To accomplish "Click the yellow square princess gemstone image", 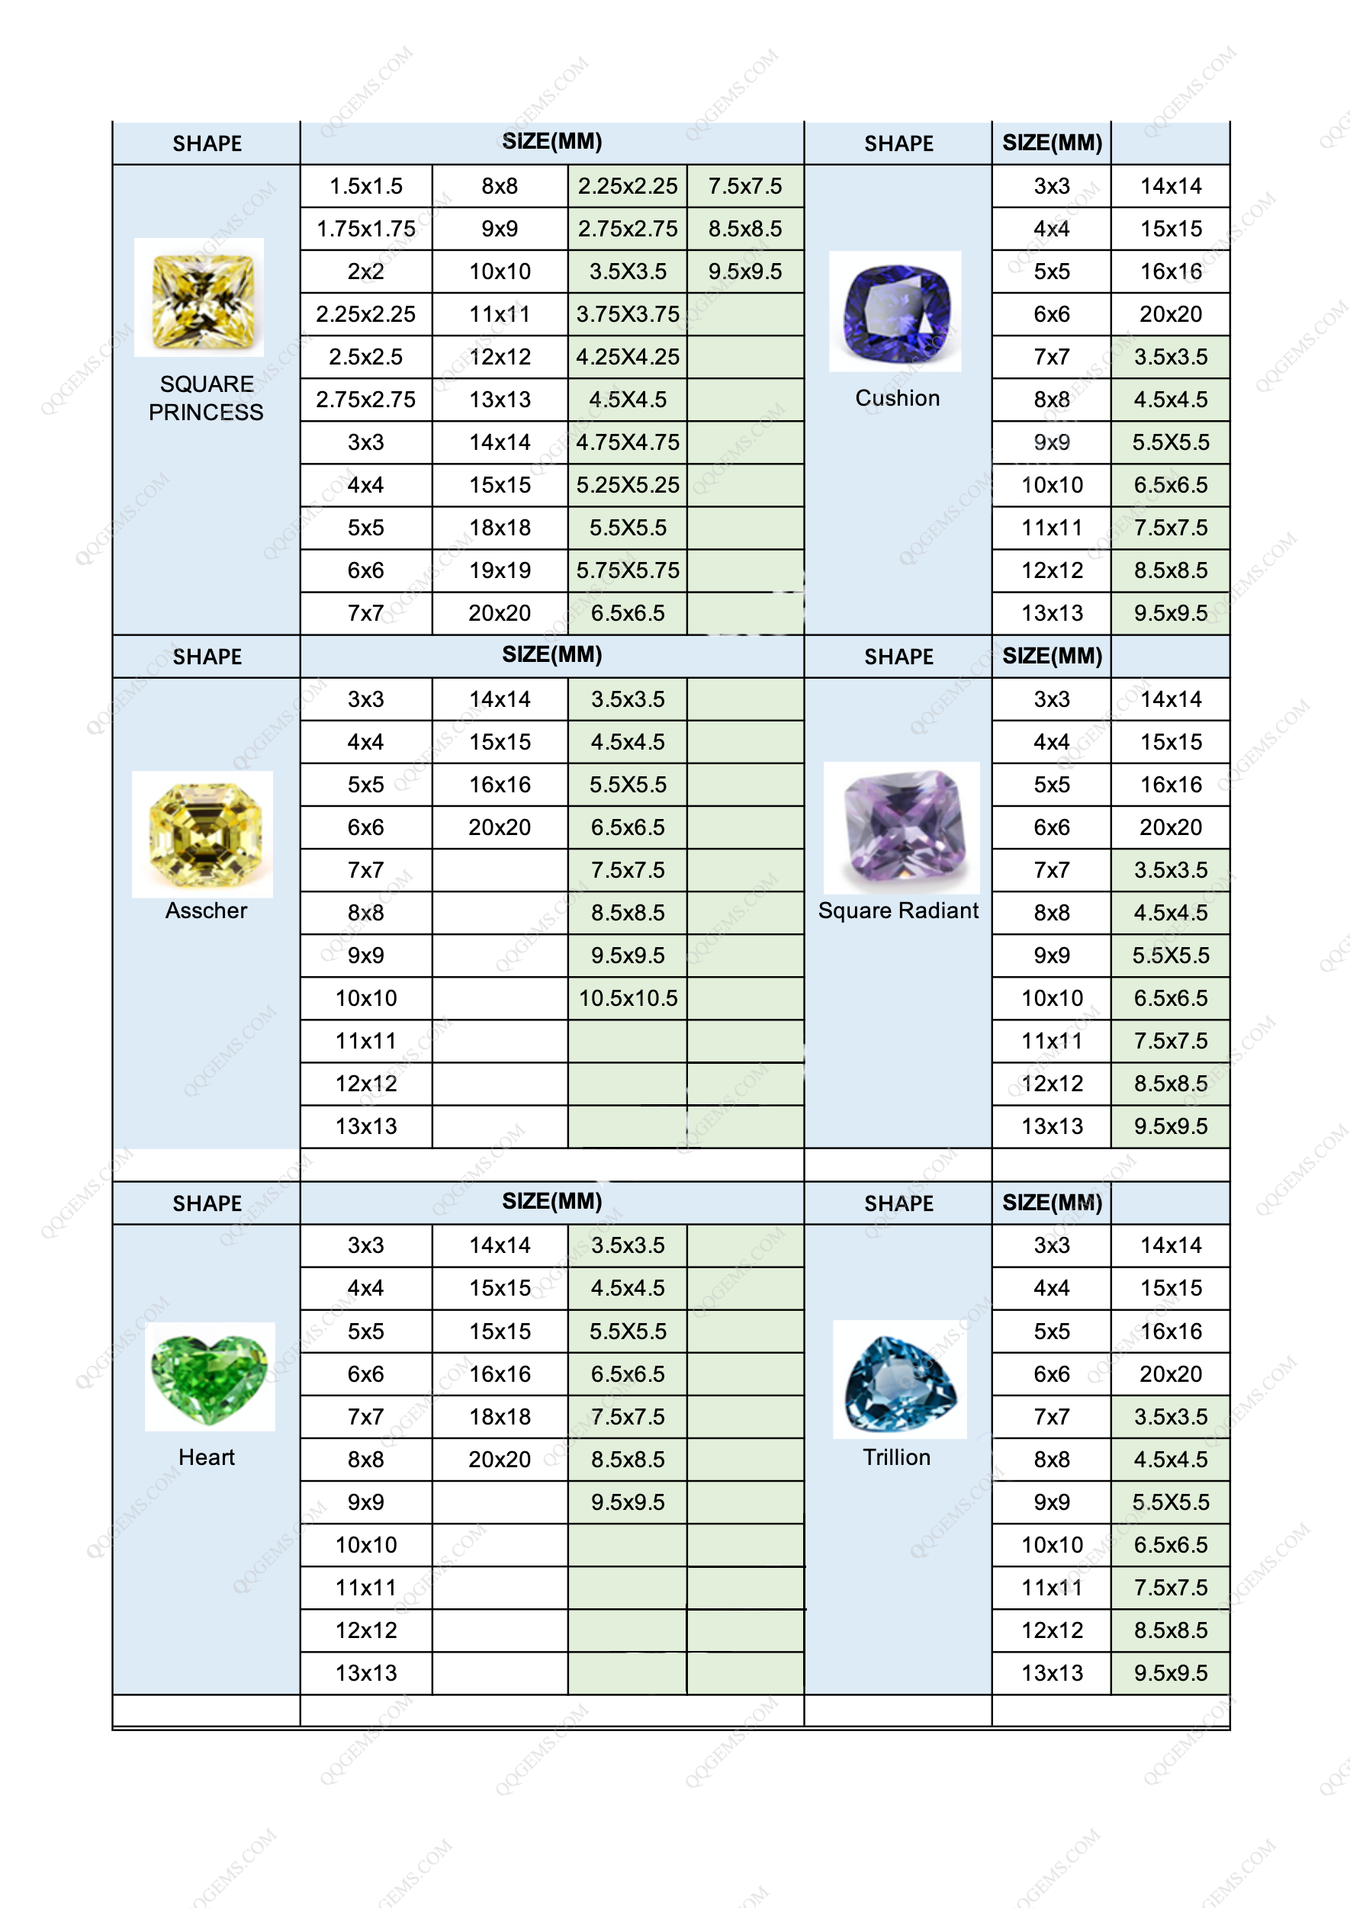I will click(x=200, y=298).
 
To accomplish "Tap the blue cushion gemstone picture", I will click(x=895, y=312).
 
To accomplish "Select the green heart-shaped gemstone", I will click(x=210, y=1376).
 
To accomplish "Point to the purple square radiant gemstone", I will click(x=901, y=827).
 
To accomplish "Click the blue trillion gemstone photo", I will click(x=899, y=1380).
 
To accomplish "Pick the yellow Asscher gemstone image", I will click(x=203, y=834).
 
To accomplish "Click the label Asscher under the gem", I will click(x=206, y=911).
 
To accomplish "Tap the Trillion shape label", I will click(x=896, y=1457).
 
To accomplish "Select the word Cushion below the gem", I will click(x=897, y=398).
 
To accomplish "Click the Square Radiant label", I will click(x=898, y=911).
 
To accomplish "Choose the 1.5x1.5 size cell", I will click(x=366, y=186).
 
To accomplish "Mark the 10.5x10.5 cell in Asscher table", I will click(x=628, y=998).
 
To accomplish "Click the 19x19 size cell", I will click(x=500, y=570).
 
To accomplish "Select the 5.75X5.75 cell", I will click(x=628, y=570).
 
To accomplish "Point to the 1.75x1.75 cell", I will click(x=366, y=229).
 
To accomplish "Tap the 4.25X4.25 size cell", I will click(x=628, y=356).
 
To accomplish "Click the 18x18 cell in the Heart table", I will click(x=500, y=1417).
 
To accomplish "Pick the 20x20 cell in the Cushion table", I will click(x=1171, y=314).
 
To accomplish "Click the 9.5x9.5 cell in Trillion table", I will click(x=1171, y=1673).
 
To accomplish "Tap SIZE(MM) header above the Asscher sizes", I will click(x=552, y=655).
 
